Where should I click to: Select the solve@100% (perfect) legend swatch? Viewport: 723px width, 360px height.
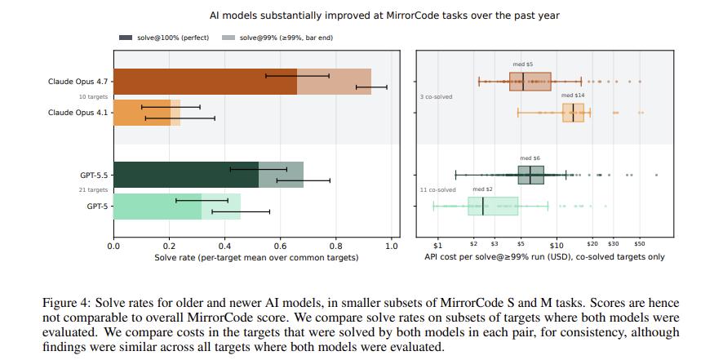(x=126, y=38)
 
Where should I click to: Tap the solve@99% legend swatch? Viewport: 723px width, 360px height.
(x=228, y=38)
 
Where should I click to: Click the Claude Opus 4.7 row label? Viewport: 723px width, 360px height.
(x=78, y=82)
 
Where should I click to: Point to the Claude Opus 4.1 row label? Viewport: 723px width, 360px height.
(x=78, y=113)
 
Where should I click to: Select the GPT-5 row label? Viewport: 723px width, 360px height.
(x=97, y=206)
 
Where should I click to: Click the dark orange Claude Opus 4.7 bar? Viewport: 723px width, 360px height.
(x=205, y=82)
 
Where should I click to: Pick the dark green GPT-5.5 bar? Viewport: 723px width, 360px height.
(x=186, y=175)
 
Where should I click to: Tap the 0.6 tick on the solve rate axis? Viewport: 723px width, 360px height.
(x=280, y=246)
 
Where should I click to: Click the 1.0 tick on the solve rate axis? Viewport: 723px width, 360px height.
(x=392, y=246)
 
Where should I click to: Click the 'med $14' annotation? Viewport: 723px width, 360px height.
(x=572, y=96)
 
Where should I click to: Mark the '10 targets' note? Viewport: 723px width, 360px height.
(x=94, y=97)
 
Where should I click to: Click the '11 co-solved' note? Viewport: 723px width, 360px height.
(x=437, y=189)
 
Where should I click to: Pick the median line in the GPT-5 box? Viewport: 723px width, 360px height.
(x=483, y=206)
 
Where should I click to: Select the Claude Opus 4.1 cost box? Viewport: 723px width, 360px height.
(x=573, y=113)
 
